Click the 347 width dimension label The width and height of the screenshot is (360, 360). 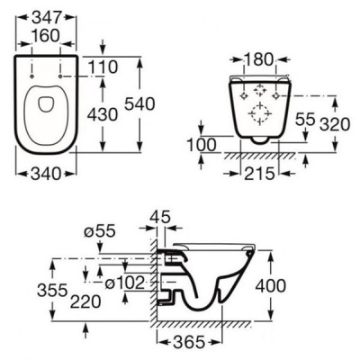[47, 18]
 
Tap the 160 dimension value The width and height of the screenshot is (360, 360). [46, 36]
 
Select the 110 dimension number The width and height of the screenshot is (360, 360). [103, 67]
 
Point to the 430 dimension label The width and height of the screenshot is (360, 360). [103, 115]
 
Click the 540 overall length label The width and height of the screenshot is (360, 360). [139, 104]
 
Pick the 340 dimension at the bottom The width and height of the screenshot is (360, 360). [46, 174]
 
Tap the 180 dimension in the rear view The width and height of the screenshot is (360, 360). [259, 59]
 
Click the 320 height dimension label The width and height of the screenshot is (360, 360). [335, 124]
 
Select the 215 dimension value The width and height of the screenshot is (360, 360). [259, 174]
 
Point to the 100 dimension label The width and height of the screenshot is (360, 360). [202, 145]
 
